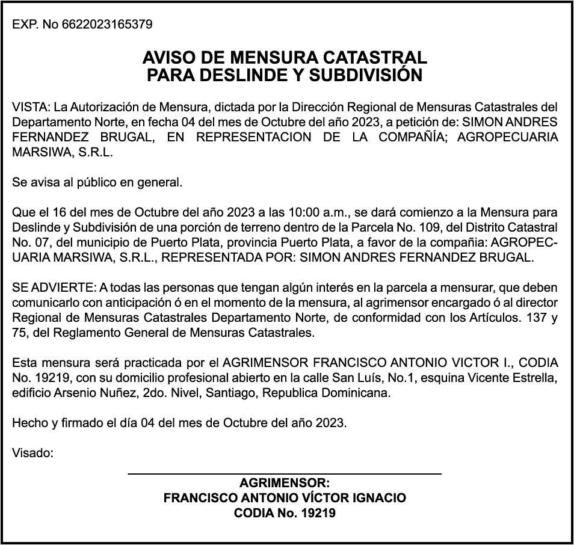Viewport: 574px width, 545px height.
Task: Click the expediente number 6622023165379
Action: tap(106, 25)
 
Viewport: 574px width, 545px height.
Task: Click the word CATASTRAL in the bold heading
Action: tap(376, 58)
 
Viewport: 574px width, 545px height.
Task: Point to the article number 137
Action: tap(532, 318)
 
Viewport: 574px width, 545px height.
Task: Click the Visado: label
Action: tap(33, 453)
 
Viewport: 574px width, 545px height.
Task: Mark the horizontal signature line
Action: tap(285, 474)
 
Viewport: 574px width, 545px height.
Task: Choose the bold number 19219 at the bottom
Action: tap(318, 514)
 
